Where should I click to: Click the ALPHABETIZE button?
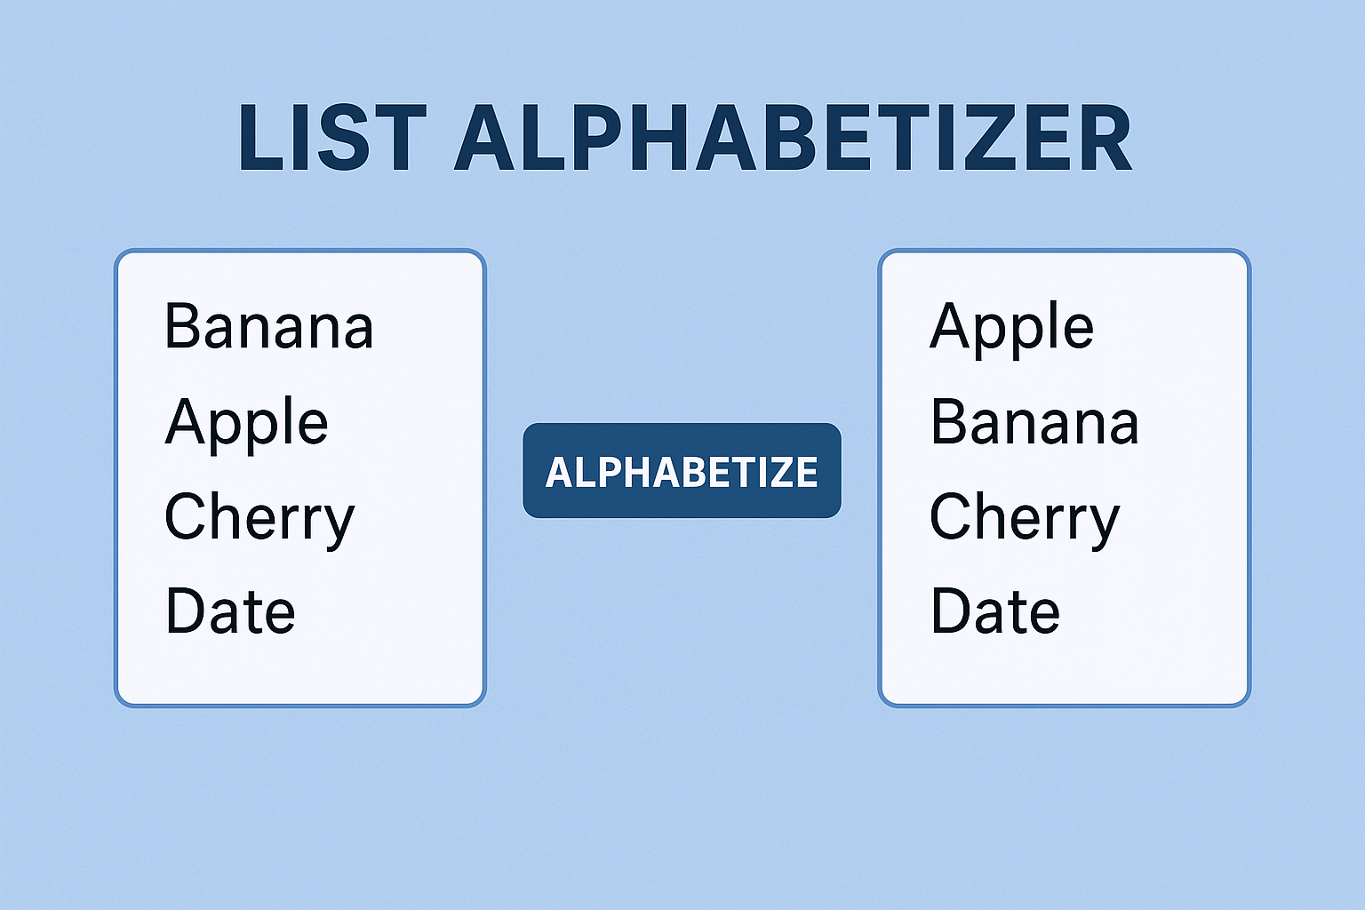click(682, 470)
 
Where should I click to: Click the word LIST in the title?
click(332, 138)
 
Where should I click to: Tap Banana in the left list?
click(268, 326)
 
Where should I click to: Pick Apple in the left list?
click(247, 424)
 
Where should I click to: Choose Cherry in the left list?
click(259, 518)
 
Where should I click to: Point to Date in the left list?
click(230, 611)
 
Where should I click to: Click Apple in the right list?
click(1011, 329)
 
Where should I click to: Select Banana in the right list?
click(1034, 422)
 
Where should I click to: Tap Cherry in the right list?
click(1025, 518)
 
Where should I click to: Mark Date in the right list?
click(995, 611)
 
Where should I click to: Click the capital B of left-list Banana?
click(183, 326)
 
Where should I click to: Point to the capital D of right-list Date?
click(952, 611)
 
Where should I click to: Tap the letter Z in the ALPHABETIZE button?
click(771, 472)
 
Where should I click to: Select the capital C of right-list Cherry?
click(950, 515)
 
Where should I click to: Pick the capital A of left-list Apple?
click(186, 420)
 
